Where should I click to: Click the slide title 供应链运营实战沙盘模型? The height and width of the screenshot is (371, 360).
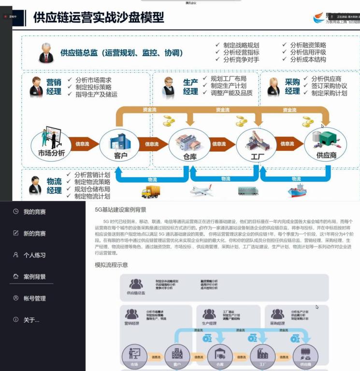point(99,18)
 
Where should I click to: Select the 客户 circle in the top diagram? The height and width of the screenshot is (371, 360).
point(119,143)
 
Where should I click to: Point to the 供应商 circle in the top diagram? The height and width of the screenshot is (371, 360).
point(325,143)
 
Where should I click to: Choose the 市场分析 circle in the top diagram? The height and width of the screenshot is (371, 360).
point(51,143)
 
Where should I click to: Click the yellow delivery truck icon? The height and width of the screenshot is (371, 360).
point(150,192)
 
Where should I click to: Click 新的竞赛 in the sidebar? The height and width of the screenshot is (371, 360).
point(34,233)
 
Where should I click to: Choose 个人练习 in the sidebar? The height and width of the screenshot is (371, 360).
point(34,255)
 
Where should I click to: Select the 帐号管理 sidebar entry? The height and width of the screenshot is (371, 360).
point(34,299)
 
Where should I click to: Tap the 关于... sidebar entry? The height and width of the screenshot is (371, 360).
point(31,320)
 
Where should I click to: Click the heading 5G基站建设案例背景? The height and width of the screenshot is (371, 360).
point(120,210)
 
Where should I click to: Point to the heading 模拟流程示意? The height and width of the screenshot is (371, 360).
point(112,265)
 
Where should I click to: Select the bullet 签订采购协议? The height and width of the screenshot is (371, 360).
point(329,86)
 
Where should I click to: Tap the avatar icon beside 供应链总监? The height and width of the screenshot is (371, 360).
point(46,53)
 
